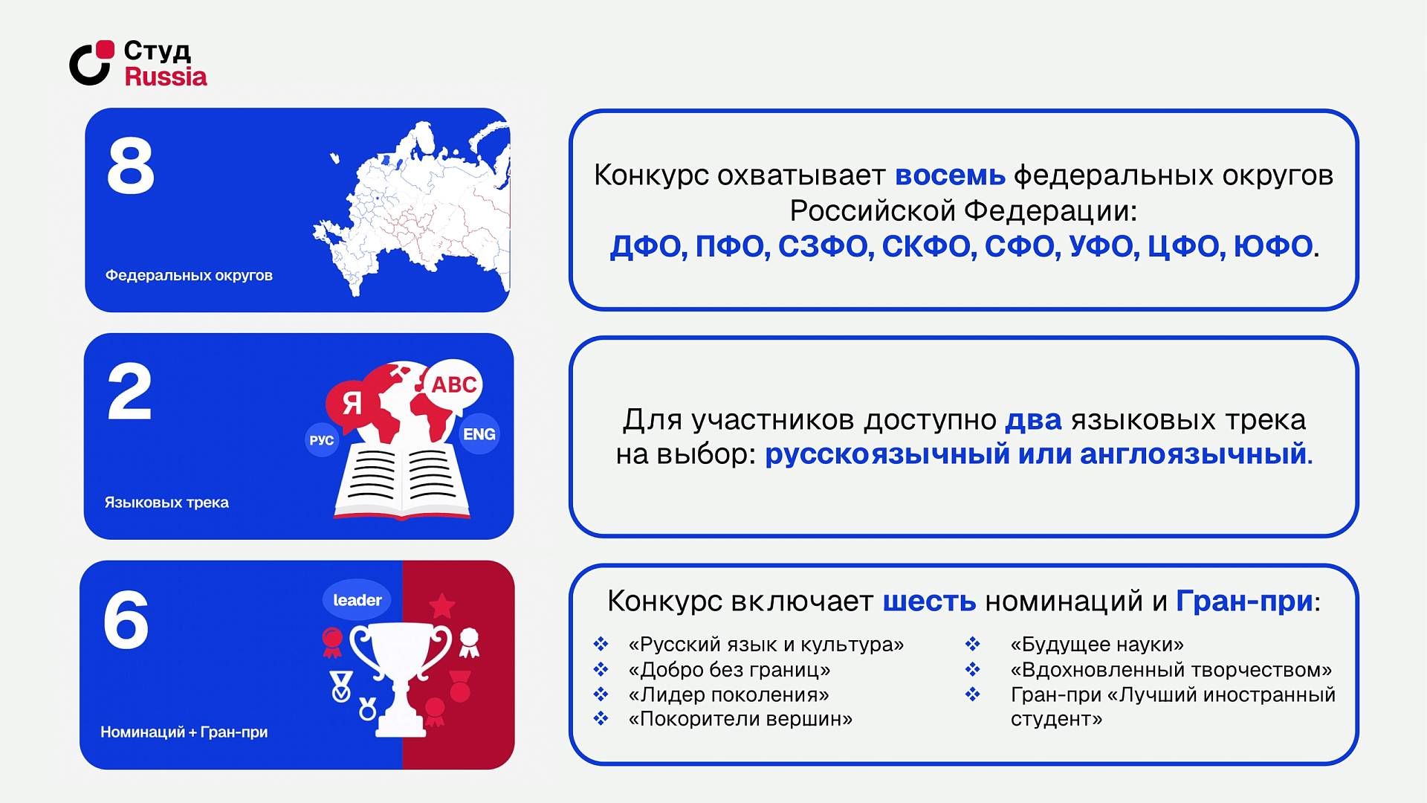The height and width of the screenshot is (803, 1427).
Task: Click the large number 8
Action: pos(131,166)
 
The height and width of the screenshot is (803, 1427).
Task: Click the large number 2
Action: pos(129,392)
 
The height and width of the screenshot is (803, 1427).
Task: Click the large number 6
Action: pos(126,619)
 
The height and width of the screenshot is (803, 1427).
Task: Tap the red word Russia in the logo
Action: pos(166,76)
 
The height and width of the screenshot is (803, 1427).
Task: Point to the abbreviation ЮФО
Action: pos(1272,246)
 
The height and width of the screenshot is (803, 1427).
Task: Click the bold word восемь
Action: pos(950,175)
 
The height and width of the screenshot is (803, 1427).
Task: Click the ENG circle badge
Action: pos(479,434)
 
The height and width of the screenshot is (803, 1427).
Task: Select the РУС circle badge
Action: pos(322,440)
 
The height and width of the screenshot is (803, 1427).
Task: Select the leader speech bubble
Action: pos(357,600)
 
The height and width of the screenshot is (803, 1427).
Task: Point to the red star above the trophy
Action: pos(442,606)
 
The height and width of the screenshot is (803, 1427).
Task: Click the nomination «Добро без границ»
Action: pos(729,670)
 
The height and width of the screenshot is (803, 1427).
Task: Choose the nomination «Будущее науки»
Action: pos(1097,645)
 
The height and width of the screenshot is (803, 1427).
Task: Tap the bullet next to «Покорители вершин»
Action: pos(601,719)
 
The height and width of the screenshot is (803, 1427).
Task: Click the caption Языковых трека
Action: pos(166,503)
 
